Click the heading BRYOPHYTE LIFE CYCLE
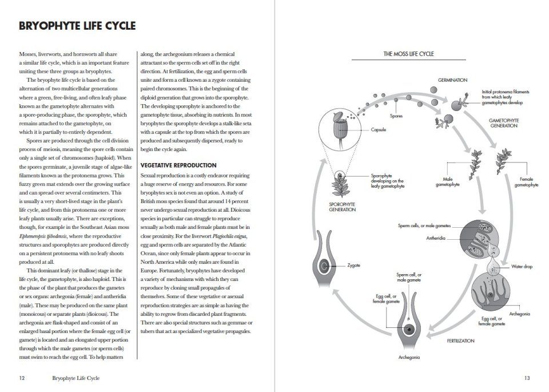[x=77, y=26]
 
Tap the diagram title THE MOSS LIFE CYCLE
[x=408, y=54]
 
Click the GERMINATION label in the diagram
[x=453, y=80]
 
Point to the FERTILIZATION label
[x=460, y=340]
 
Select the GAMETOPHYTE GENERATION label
[x=503, y=123]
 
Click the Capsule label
[x=379, y=130]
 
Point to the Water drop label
[x=522, y=267]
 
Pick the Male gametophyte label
[x=447, y=182]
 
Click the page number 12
[x=22, y=378]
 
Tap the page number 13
[x=527, y=378]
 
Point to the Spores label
[x=396, y=116]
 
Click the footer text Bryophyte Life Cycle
[x=75, y=378]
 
